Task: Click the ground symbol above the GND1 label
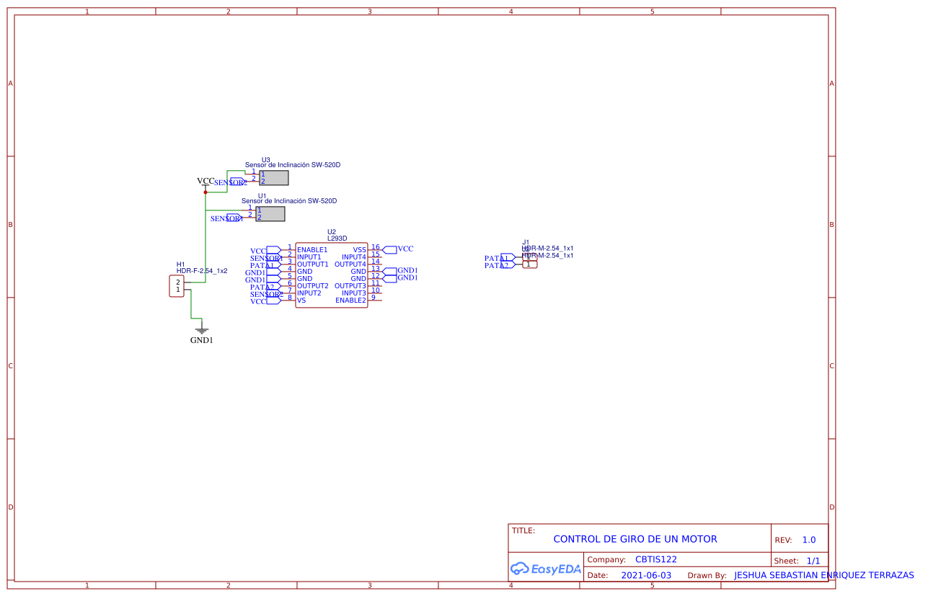pyautogui.click(x=202, y=329)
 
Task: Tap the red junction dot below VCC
pyautogui.click(x=206, y=192)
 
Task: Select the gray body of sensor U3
pyautogui.click(x=274, y=178)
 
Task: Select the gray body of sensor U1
pyautogui.click(x=270, y=214)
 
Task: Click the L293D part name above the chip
pyautogui.click(x=337, y=239)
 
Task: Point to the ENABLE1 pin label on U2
pyautogui.click(x=312, y=250)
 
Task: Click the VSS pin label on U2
pyautogui.click(x=359, y=250)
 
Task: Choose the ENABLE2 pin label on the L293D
pyautogui.click(x=350, y=301)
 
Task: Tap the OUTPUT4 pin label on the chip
pyautogui.click(x=350, y=264)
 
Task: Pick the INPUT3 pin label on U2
pyautogui.click(x=354, y=293)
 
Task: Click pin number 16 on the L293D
pyautogui.click(x=375, y=247)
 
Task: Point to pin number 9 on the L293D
pyautogui.click(x=374, y=298)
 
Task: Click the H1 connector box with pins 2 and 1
pyautogui.click(x=177, y=285)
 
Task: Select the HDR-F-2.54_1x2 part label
pyautogui.click(x=202, y=271)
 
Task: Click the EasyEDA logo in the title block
pyautogui.click(x=546, y=569)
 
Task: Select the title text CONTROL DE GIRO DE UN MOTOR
pyautogui.click(x=635, y=539)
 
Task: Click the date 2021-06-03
pyautogui.click(x=646, y=576)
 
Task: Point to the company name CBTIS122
pyautogui.click(x=655, y=559)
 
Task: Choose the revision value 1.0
pyautogui.click(x=809, y=540)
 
